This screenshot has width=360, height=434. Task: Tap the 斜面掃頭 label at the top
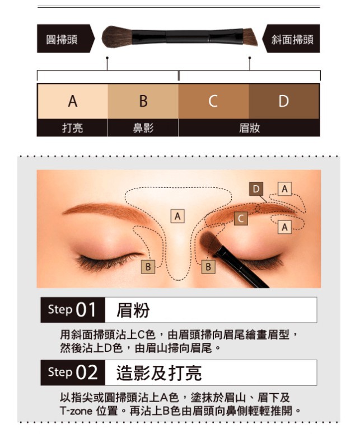pos(292,39)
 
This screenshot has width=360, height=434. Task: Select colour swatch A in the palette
pos(73,101)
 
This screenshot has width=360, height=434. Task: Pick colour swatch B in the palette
pos(143,101)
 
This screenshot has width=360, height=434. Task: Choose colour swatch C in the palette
pos(213,101)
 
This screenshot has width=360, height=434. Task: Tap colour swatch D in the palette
pos(284,101)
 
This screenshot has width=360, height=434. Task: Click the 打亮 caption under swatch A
pos(73,128)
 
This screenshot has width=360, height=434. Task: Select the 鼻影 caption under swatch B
pos(143,128)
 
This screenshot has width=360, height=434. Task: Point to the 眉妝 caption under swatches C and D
pos(249,128)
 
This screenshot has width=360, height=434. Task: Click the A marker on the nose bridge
pos(177,216)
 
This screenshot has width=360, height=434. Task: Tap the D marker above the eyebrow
pos(256,189)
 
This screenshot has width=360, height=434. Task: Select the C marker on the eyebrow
pos(241,218)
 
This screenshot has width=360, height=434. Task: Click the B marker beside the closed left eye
pos(148,267)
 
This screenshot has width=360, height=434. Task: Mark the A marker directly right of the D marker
pos(284,189)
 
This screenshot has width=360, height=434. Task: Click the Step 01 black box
pos(73,310)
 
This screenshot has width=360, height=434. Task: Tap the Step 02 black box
pos(73,372)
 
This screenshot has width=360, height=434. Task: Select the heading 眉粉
pos(133,310)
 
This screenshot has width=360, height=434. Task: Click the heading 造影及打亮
pos(159,373)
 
